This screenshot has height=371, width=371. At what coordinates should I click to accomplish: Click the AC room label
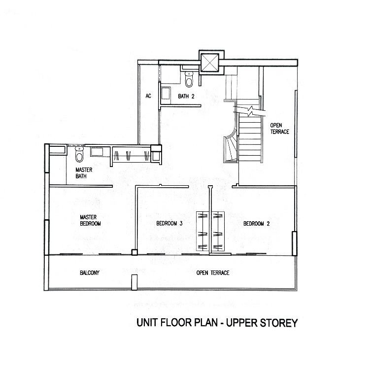click(x=148, y=96)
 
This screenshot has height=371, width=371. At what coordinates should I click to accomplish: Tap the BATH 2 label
click(x=186, y=96)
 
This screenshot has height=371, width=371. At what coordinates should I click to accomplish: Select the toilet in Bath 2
click(x=189, y=79)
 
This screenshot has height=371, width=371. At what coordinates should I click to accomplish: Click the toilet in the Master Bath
click(x=79, y=154)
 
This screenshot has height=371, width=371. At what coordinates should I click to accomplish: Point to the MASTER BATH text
click(x=84, y=173)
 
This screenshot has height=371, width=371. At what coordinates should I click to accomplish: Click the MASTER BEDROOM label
click(x=90, y=220)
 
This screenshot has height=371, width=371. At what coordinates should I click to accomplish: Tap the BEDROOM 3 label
click(x=169, y=223)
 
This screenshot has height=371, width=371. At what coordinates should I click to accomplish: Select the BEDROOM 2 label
click(x=257, y=223)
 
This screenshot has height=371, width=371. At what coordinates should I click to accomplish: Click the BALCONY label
click(x=90, y=273)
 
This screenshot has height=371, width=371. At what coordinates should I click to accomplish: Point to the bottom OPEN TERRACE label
click(x=213, y=273)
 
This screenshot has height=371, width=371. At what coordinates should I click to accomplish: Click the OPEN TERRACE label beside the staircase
click(x=279, y=129)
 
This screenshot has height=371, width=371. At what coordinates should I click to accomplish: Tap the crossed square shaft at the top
click(x=209, y=63)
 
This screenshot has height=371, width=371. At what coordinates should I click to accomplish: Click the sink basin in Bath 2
click(x=165, y=93)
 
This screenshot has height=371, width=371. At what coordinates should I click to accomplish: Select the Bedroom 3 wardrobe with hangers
click(x=202, y=231)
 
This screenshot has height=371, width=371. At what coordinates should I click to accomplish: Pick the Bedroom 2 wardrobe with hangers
click(x=218, y=231)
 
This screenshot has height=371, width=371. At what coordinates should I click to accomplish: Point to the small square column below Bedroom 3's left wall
click(x=134, y=252)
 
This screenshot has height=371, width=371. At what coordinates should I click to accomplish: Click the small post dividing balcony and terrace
click(x=134, y=282)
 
